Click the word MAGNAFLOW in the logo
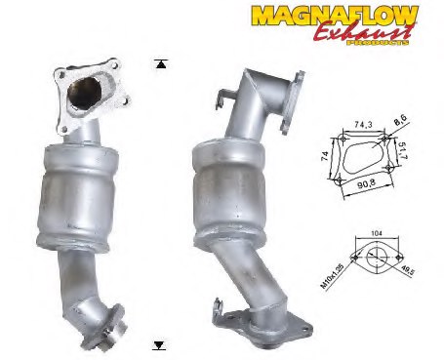click(335, 16)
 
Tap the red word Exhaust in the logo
click(364, 32)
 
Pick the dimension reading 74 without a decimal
click(325, 160)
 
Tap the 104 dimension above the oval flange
click(376, 233)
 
